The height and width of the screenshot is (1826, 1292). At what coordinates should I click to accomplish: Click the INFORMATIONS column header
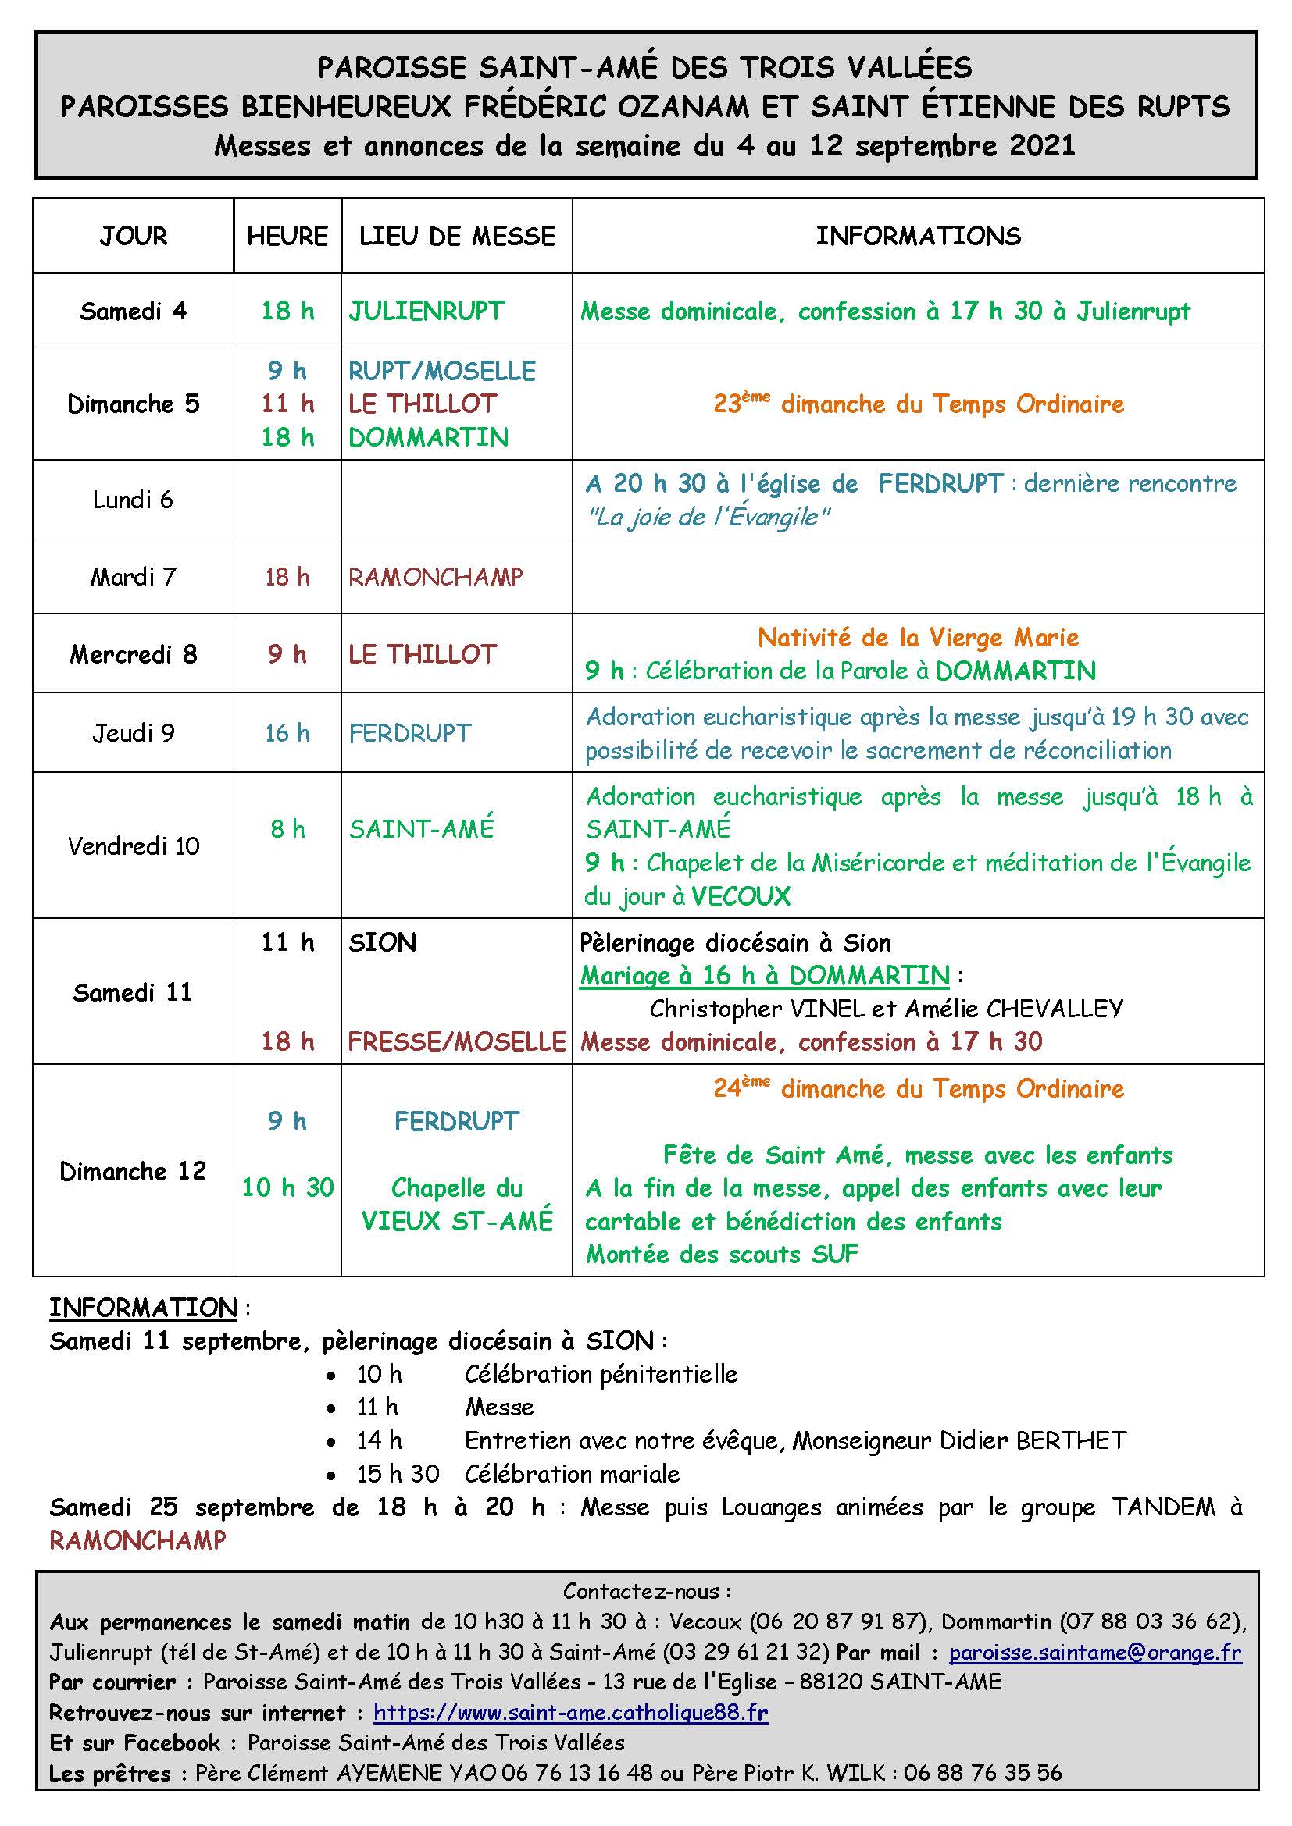click(918, 237)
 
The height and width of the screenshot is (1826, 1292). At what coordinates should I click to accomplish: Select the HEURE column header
click(287, 237)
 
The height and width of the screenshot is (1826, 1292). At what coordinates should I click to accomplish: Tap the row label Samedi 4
click(133, 311)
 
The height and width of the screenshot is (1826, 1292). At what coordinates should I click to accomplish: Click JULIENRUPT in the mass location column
click(427, 311)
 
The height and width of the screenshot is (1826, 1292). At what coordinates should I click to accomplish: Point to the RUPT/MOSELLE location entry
click(442, 371)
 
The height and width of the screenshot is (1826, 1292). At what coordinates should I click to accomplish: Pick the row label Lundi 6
click(133, 500)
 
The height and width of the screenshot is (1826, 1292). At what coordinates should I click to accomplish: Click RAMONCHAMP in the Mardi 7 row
click(436, 577)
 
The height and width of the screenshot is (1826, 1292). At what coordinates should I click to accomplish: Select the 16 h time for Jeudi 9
click(287, 733)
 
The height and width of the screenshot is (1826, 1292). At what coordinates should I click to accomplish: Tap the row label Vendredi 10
click(133, 846)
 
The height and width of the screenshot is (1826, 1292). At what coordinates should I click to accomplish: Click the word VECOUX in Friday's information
click(741, 897)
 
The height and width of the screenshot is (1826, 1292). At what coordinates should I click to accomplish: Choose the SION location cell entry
click(383, 943)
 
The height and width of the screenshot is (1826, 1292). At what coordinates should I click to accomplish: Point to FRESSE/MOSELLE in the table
click(457, 1042)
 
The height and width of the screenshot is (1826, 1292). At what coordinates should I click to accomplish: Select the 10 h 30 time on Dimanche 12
click(287, 1187)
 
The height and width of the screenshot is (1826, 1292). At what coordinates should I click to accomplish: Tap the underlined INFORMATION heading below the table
click(143, 1308)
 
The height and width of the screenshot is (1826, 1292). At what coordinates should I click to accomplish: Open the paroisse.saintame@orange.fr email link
click(1094, 1653)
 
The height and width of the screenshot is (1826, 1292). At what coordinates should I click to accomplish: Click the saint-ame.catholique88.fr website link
click(570, 1712)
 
